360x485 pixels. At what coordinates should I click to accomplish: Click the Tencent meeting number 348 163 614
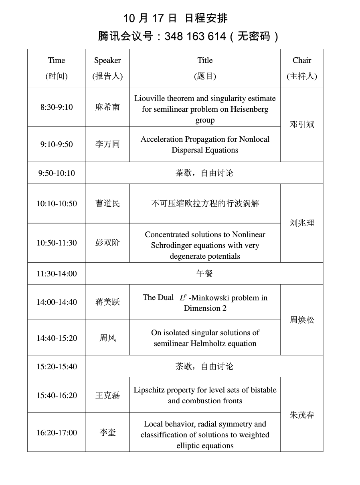click(x=195, y=36)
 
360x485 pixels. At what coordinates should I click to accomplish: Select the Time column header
click(x=57, y=60)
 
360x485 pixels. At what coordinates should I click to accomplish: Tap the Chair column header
click(x=302, y=60)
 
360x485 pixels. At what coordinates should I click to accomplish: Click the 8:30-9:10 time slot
click(x=57, y=107)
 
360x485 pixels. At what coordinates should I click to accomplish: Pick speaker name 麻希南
click(x=107, y=107)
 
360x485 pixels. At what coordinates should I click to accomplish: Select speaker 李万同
click(x=107, y=145)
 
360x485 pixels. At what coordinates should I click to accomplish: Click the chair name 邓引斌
click(x=302, y=125)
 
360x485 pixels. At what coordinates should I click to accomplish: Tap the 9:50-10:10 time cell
click(x=57, y=173)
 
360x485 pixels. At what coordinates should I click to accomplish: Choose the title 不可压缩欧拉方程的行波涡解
click(x=205, y=203)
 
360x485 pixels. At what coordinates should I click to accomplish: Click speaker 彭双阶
click(x=107, y=243)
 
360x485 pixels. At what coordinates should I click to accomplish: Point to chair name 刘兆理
click(x=302, y=223)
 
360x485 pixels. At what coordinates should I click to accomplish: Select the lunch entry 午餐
click(x=204, y=274)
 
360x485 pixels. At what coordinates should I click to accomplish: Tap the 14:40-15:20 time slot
click(x=57, y=338)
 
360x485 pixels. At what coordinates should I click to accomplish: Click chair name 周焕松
click(x=302, y=320)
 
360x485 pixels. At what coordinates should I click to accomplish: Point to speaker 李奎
click(x=107, y=433)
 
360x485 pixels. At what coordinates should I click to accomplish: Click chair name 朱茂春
click(x=302, y=415)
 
